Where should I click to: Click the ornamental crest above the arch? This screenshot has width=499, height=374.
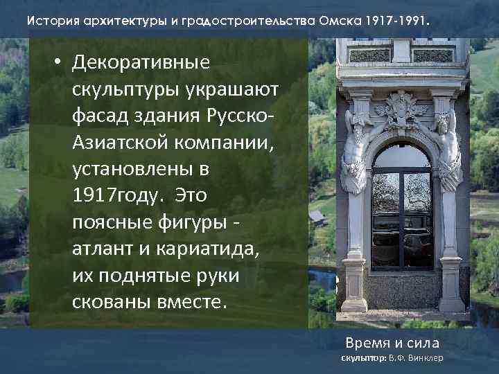(402, 107)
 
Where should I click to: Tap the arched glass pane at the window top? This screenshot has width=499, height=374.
(402, 157)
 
